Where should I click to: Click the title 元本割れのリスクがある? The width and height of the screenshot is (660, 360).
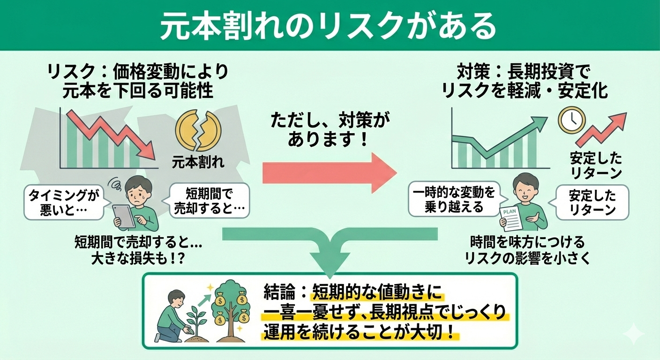tap(328, 26)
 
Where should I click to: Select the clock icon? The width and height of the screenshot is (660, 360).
tap(571, 120)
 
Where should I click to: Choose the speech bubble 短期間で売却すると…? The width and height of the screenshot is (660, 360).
tap(209, 201)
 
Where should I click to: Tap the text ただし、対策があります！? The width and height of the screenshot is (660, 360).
tap(330, 130)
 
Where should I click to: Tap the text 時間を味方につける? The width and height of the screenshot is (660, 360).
tap(527, 242)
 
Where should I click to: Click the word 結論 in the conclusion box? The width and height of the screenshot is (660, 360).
tap(278, 293)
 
